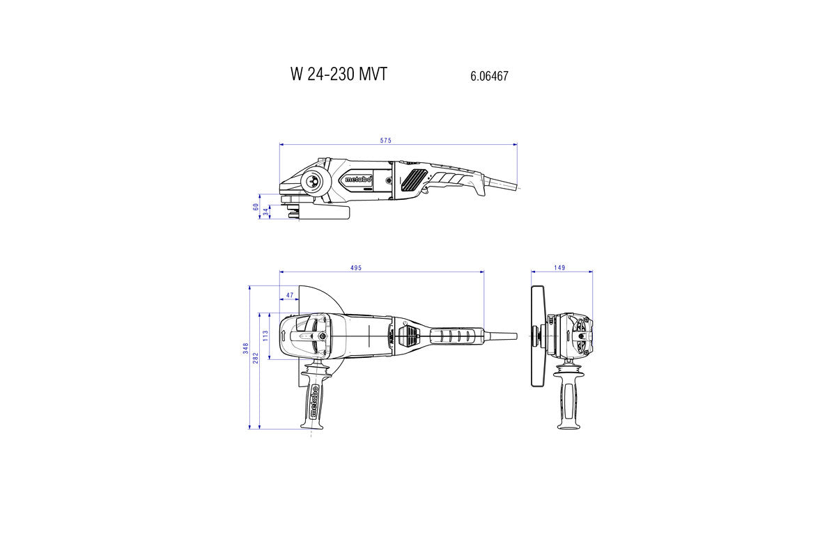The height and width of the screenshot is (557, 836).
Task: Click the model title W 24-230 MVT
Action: pyautogui.click(x=338, y=74)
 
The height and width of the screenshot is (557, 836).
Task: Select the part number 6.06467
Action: pyautogui.click(x=489, y=76)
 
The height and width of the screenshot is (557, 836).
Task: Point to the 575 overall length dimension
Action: pyautogui.click(x=386, y=141)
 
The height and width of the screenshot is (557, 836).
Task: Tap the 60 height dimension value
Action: pyautogui.click(x=256, y=206)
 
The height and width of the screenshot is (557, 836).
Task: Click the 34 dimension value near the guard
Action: pyautogui.click(x=265, y=212)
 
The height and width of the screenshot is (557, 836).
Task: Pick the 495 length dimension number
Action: pyautogui.click(x=356, y=268)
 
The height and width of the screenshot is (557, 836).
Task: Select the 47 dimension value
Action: pyautogui.click(x=290, y=296)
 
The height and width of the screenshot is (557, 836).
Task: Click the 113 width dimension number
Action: pyautogui.click(x=265, y=336)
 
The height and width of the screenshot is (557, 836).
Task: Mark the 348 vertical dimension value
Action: pyautogui.click(x=245, y=349)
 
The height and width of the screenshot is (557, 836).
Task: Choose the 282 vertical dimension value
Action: pyautogui.click(x=256, y=357)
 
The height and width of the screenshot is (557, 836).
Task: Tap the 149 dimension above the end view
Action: pyautogui.click(x=560, y=268)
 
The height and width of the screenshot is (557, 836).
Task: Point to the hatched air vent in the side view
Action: pyautogui.click(x=415, y=179)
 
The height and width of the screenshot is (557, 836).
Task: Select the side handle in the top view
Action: pyautogui.click(x=314, y=400)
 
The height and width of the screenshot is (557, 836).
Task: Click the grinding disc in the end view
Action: pyautogui.click(x=536, y=336)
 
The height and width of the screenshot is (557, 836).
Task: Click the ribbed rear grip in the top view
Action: pyautogui.click(x=456, y=336)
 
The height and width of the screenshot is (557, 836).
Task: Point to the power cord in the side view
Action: pyautogui.click(x=503, y=185)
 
